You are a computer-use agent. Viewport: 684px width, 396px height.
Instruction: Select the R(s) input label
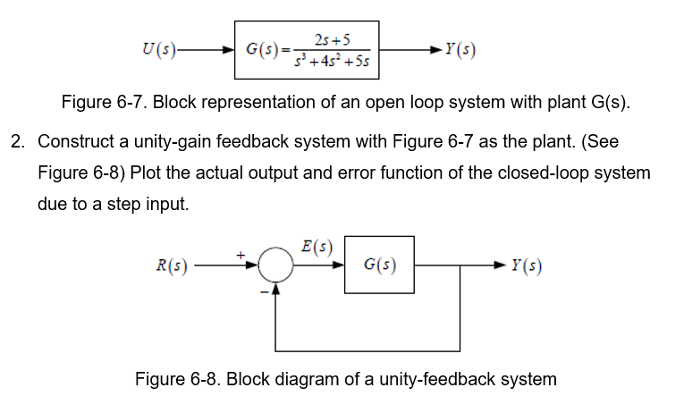pos(171,265)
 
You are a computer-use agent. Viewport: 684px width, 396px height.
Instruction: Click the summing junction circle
pos(275,265)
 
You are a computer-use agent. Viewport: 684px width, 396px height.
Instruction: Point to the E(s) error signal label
pos(318,246)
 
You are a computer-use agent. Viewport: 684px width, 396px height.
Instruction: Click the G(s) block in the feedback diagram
pos(380,265)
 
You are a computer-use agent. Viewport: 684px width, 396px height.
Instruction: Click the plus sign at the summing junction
pos(241,255)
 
